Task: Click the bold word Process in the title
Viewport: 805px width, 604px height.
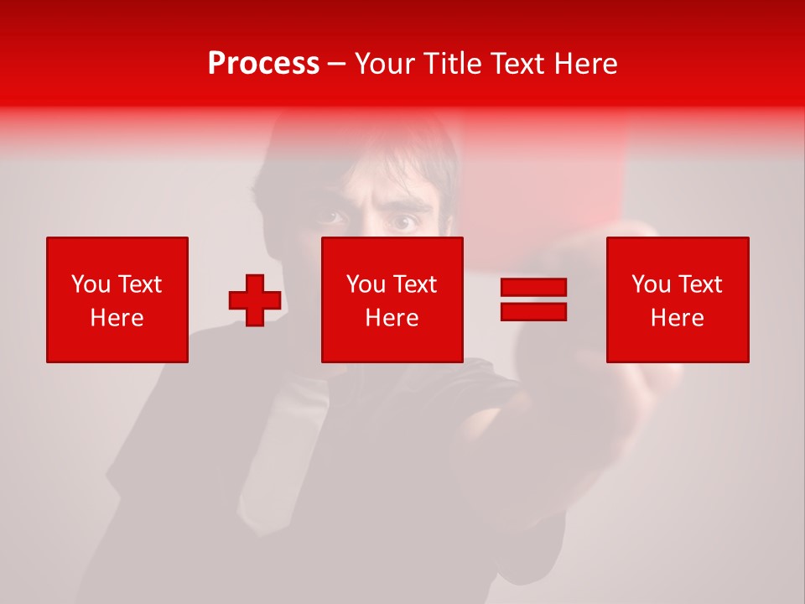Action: (x=263, y=64)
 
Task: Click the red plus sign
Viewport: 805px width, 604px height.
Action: (x=255, y=300)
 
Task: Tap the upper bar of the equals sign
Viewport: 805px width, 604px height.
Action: (x=533, y=287)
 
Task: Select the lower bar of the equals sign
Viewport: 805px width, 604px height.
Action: (x=533, y=311)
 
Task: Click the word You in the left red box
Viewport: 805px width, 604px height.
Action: (x=91, y=284)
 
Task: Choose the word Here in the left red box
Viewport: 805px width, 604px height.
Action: (x=117, y=318)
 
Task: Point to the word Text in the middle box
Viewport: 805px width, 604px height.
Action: (x=414, y=284)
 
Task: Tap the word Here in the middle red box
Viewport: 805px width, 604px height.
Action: (x=392, y=318)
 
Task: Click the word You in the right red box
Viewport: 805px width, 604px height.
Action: (x=652, y=284)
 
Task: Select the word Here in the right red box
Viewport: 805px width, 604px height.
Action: (x=677, y=318)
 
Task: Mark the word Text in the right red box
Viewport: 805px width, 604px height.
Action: (x=699, y=284)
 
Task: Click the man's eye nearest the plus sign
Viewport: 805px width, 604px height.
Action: (x=331, y=218)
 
